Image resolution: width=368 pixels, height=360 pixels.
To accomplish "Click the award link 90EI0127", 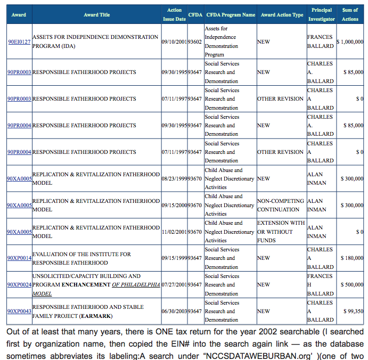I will point(19,42).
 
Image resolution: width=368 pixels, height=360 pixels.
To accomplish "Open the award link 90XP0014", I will point(19,258).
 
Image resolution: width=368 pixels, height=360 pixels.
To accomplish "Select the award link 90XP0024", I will point(19,285).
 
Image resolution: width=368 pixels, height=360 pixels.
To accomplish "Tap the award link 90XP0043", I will point(19,312).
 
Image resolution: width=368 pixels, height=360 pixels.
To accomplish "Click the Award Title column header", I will point(97,15).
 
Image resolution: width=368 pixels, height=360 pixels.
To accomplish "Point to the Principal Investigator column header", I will point(322,14).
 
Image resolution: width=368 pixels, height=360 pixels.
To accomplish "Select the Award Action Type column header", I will point(282,15).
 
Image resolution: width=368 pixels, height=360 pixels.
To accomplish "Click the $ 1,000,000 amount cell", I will point(350,42).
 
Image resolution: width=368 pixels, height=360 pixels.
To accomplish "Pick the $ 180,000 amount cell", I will point(352,258).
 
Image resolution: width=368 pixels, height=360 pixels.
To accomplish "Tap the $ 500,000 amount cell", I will point(352,285).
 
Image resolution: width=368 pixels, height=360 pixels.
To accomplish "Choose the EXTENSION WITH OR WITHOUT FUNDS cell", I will point(281,232).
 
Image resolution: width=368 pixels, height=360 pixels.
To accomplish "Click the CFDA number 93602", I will point(195,42).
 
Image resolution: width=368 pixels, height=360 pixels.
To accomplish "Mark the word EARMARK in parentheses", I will point(95,316).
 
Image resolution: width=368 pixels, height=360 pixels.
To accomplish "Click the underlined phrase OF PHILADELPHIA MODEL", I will point(136,285).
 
